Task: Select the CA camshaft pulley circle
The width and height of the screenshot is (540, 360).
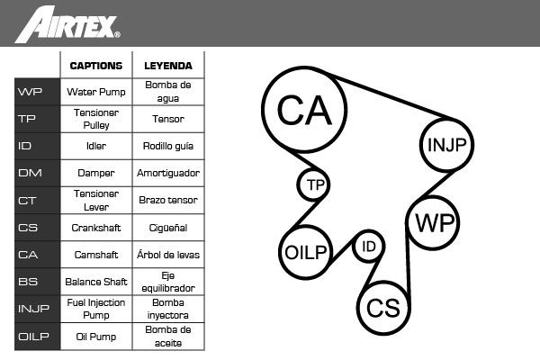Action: click(x=305, y=109)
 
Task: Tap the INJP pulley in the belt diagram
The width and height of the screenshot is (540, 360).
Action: click(x=447, y=144)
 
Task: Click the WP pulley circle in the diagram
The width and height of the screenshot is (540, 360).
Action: click(x=433, y=222)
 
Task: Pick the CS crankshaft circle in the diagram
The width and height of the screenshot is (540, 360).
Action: click(x=383, y=308)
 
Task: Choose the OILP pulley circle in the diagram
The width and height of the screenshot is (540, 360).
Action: click(x=306, y=252)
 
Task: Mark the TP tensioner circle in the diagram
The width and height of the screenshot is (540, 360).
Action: click(x=314, y=185)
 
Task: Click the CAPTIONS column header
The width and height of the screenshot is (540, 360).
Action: click(x=96, y=66)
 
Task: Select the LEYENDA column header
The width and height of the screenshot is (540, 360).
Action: click(x=167, y=66)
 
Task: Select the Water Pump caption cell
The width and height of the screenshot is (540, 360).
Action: click(x=96, y=92)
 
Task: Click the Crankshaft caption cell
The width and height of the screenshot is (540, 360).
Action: click(x=96, y=228)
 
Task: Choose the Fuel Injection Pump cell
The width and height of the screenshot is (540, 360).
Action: click(x=96, y=309)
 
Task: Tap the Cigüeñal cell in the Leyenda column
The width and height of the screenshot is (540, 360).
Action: click(x=167, y=228)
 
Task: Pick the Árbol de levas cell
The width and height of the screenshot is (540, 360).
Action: click(x=167, y=255)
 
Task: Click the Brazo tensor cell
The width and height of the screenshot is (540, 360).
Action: click(x=167, y=200)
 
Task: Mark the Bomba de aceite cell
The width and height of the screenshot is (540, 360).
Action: click(x=167, y=337)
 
